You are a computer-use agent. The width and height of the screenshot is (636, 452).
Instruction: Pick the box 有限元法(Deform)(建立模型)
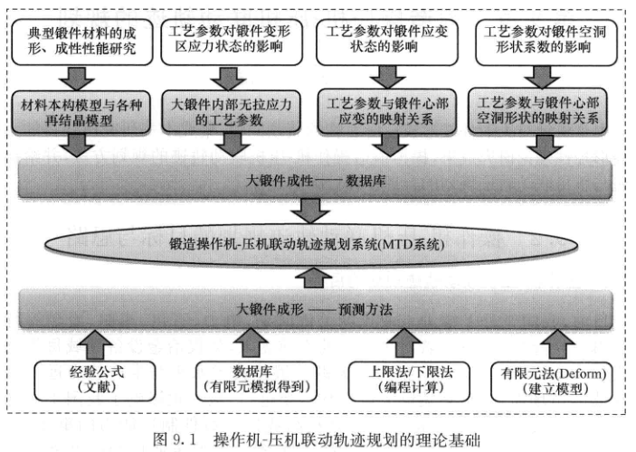pos(551,378)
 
